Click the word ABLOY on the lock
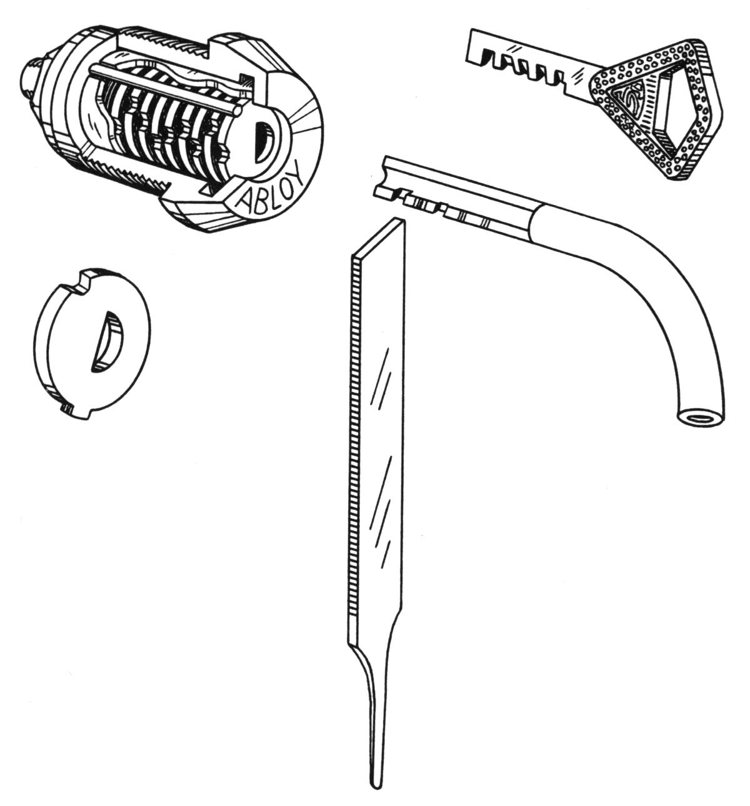[272, 188]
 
